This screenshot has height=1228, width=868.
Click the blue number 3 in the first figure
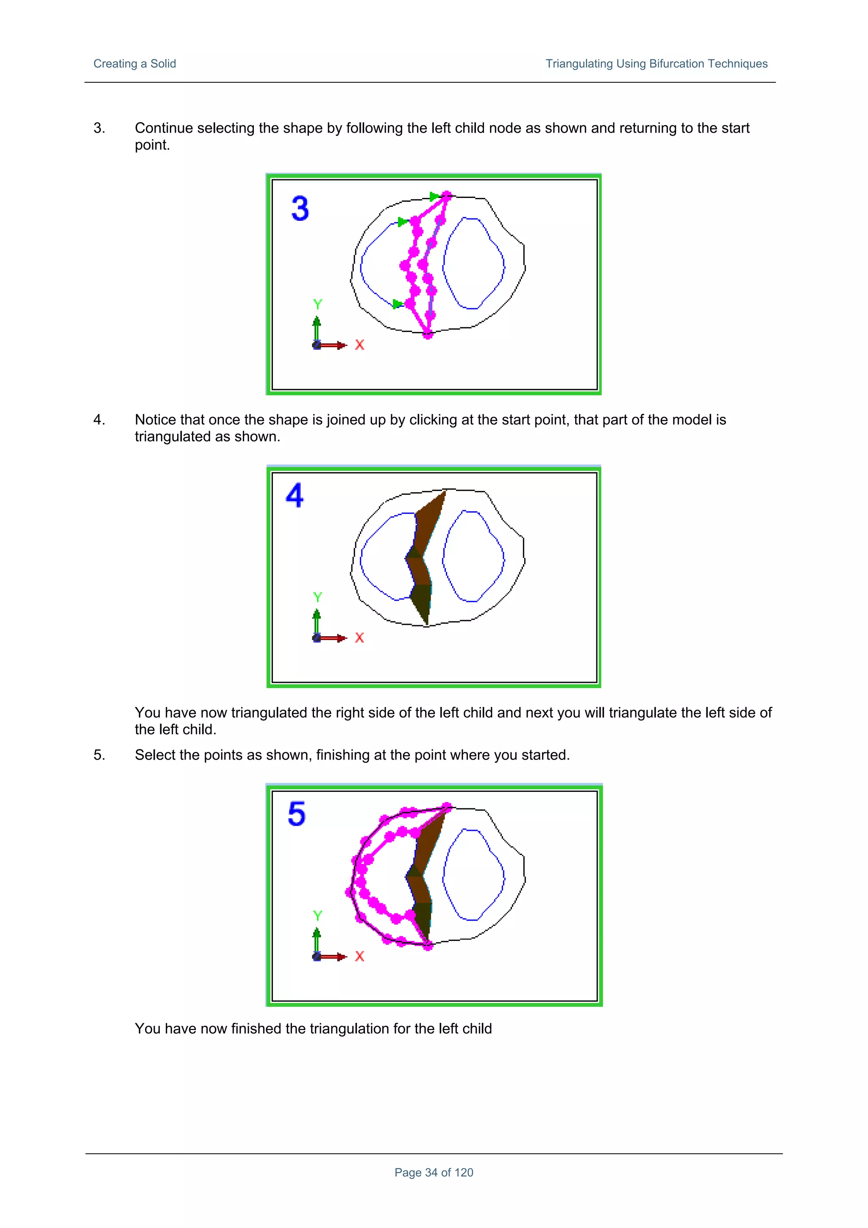pyautogui.click(x=300, y=209)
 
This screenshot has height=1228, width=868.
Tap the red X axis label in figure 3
pyautogui.click(x=359, y=345)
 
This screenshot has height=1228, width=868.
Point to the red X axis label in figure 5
pyautogui.click(x=359, y=956)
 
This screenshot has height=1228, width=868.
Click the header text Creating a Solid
pyautogui.click(x=134, y=64)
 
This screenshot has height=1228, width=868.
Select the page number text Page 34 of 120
pyautogui.click(x=434, y=1172)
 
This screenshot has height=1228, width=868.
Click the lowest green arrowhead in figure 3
pyautogui.click(x=397, y=304)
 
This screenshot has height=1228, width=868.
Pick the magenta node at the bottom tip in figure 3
pyautogui.click(x=428, y=334)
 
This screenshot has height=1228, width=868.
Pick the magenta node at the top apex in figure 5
pyautogui.click(x=448, y=807)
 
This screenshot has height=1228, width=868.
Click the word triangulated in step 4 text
pyautogui.click(x=174, y=437)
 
